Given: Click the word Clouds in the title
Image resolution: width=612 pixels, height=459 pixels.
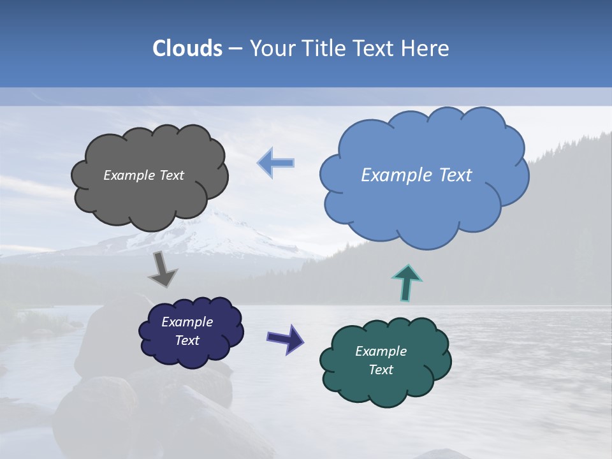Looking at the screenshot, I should click(187, 48).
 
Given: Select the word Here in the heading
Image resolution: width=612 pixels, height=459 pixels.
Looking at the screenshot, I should click(426, 48).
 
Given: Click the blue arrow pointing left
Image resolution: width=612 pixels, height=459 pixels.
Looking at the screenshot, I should click(275, 163).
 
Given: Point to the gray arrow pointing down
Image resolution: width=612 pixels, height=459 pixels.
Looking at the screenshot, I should click(163, 270).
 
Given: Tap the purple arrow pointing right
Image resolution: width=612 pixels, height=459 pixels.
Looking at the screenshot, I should click(285, 339).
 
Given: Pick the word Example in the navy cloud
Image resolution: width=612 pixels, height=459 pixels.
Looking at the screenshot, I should click(187, 322).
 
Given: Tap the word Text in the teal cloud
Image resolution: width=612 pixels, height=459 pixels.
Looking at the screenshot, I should click(381, 370).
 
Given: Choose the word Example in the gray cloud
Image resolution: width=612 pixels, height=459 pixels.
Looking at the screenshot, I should click(127, 175).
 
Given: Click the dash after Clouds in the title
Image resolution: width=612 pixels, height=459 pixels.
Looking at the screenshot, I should click(235, 49).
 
